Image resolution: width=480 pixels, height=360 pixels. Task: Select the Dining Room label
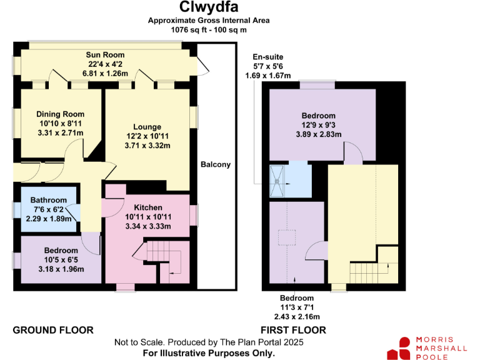pyautogui.click(x=60, y=114)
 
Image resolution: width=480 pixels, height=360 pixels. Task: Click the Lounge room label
pyautogui.click(x=147, y=127)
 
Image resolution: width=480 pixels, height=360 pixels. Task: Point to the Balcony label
pyautogui.click(x=216, y=165)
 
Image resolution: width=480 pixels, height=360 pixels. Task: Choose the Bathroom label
pyautogui.click(x=49, y=200)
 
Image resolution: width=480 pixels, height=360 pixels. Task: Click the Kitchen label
pyautogui.click(x=148, y=207)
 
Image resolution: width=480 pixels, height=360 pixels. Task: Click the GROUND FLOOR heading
pyautogui.click(x=53, y=330)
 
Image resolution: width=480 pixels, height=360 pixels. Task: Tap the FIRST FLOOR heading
pyautogui.click(x=293, y=330)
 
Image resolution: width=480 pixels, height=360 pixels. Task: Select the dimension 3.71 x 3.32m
pyautogui.click(x=147, y=146)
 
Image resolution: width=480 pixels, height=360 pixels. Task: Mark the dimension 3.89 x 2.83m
pyautogui.click(x=319, y=134)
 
